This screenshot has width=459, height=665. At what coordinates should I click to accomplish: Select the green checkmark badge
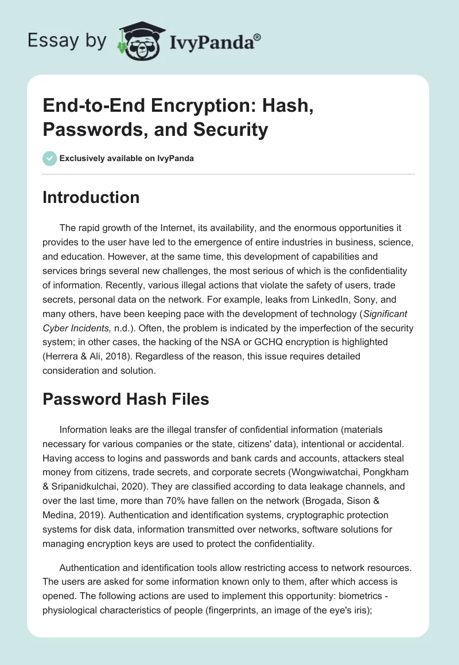click(49, 158)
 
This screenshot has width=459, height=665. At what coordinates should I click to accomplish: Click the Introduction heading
click(91, 197)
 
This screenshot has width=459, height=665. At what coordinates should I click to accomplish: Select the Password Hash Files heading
click(126, 399)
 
